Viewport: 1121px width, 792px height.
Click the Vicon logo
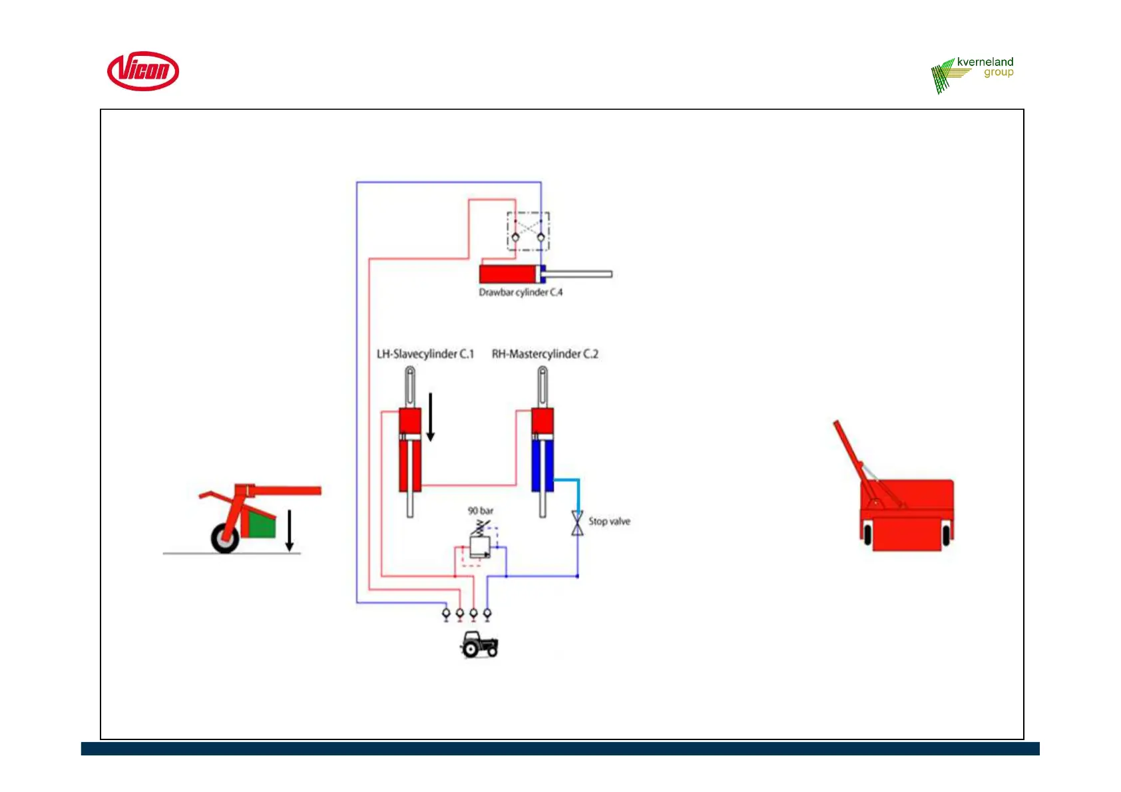click(x=143, y=71)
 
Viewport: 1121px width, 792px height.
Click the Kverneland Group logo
click(x=973, y=74)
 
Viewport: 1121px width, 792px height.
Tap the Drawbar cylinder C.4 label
click(x=521, y=292)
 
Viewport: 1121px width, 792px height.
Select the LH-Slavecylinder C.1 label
click(x=425, y=354)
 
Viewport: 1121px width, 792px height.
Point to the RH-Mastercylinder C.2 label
click(x=545, y=354)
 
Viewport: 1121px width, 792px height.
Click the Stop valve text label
click(x=609, y=521)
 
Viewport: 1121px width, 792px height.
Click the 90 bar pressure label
click(x=481, y=510)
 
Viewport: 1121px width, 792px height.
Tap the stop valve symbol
click(x=577, y=523)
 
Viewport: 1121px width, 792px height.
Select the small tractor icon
click(x=479, y=645)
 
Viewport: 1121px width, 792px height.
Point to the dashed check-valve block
click(x=528, y=231)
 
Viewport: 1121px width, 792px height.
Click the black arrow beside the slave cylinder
click(x=431, y=417)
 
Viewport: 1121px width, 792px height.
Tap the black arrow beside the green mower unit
click(x=290, y=530)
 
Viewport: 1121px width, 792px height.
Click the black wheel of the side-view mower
click(x=225, y=538)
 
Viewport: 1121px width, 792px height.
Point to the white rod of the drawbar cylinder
click(x=579, y=274)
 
